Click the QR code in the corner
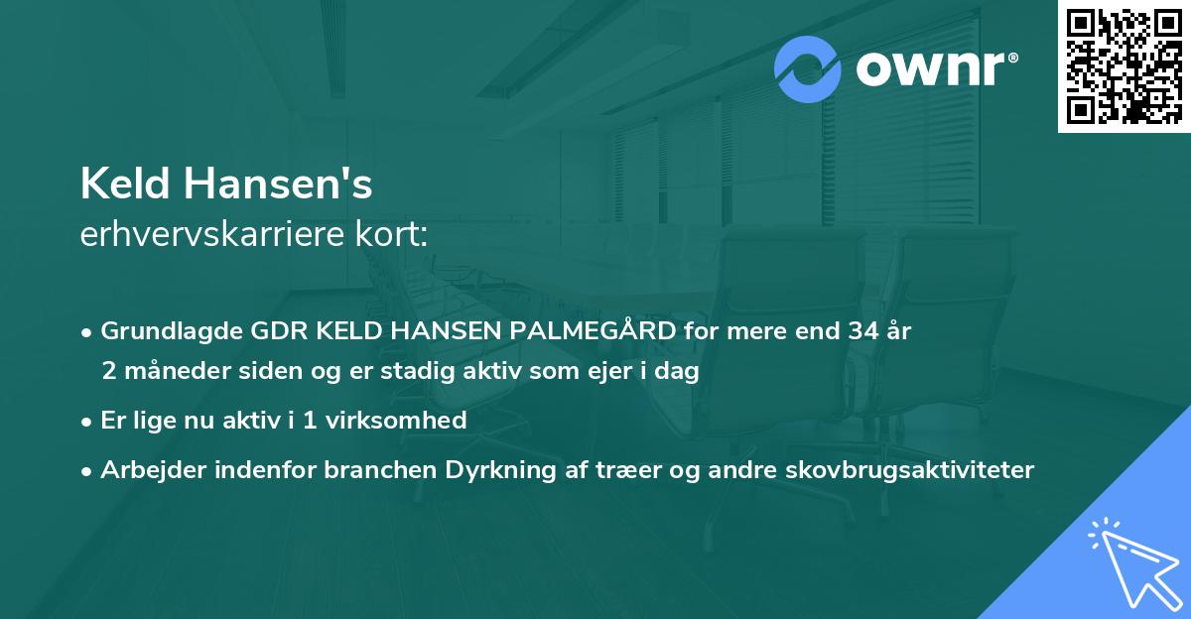(1124, 65)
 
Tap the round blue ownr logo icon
(808, 69)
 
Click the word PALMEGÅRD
(593, 331)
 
